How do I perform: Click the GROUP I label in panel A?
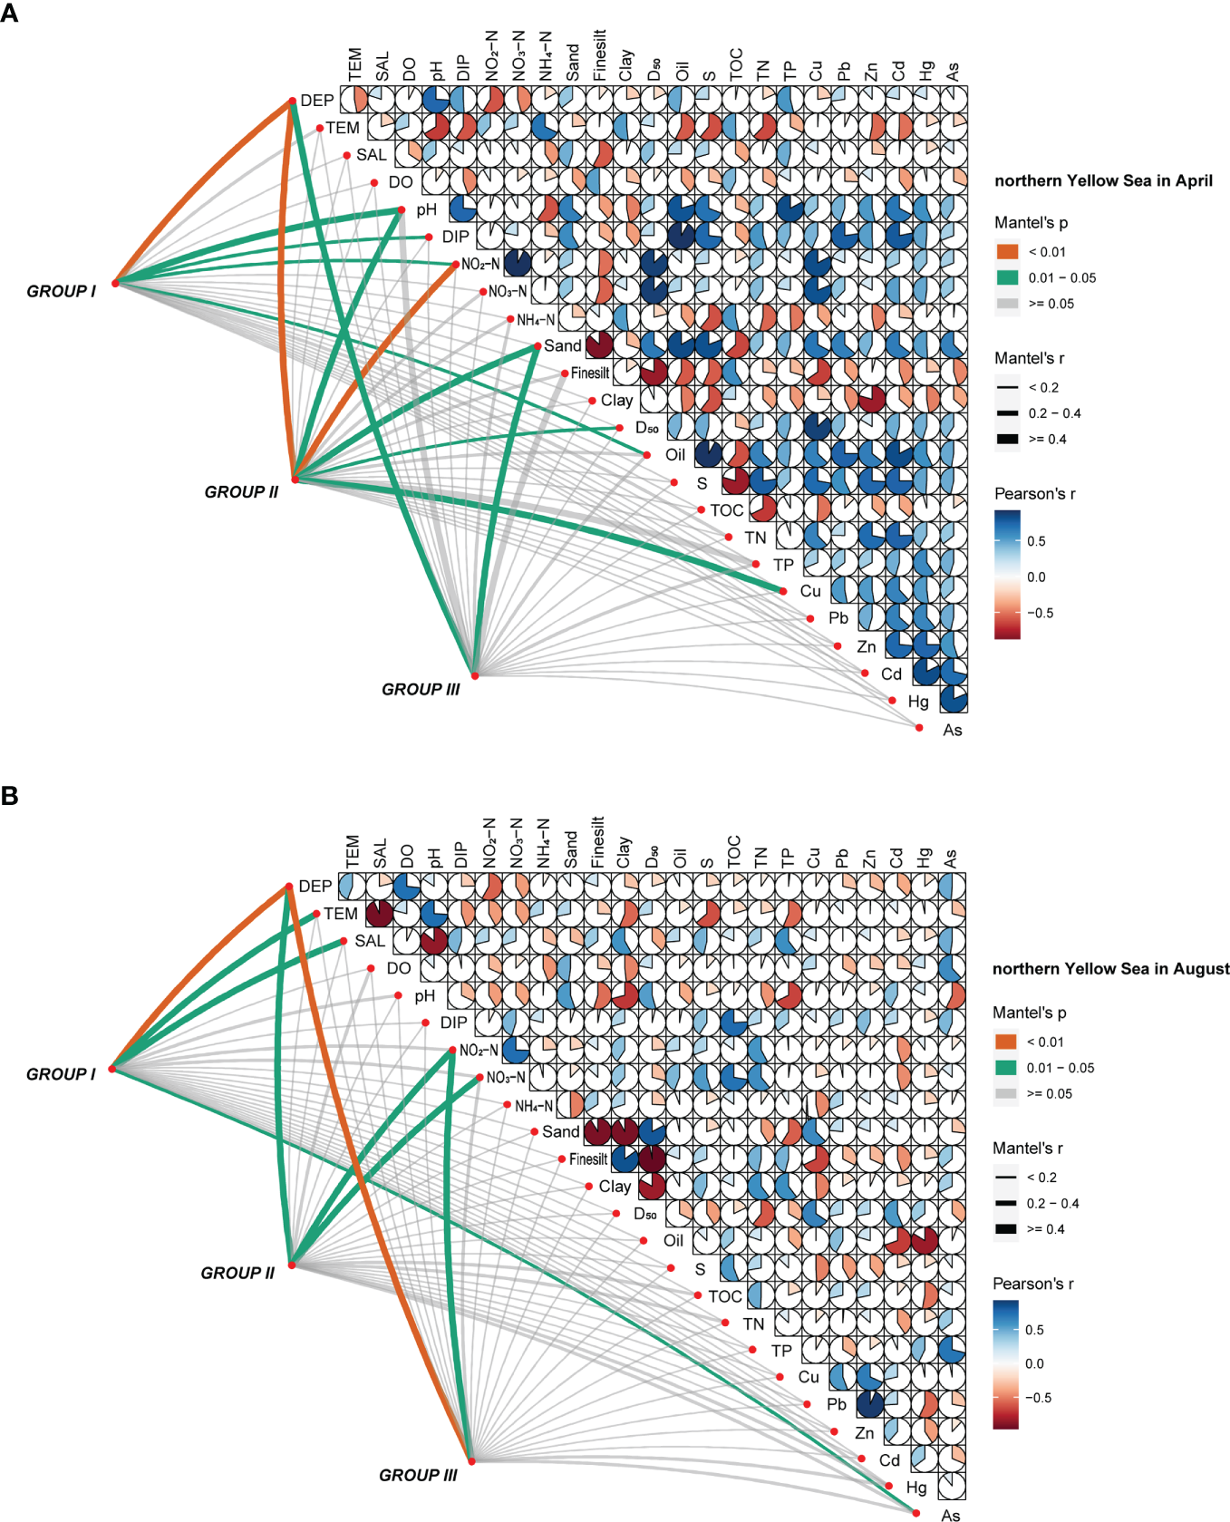(61, 291)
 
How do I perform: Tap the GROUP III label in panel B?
(418, 1475)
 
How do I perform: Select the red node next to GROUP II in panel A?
(295, 479)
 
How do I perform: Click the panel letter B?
(10, 796)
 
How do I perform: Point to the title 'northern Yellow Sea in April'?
(1103, 180)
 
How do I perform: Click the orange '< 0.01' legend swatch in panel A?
(1007, 252)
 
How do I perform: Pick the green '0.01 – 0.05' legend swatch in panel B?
(1005, 1068)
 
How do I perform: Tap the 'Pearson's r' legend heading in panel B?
(1032, 1284)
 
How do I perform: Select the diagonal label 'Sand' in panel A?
(562, 345)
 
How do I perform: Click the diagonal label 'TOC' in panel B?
(725, 1296)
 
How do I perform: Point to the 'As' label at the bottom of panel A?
(952, 730)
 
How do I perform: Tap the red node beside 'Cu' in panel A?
(783, 591)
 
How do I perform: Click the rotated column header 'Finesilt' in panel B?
(597, 843)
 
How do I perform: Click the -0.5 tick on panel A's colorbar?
(1040, 613)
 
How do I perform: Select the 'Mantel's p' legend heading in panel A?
(1031, 223)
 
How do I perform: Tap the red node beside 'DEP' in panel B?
(288, 886)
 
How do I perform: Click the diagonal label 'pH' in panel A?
(426, 209)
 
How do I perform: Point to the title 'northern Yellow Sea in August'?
(1110, 968)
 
